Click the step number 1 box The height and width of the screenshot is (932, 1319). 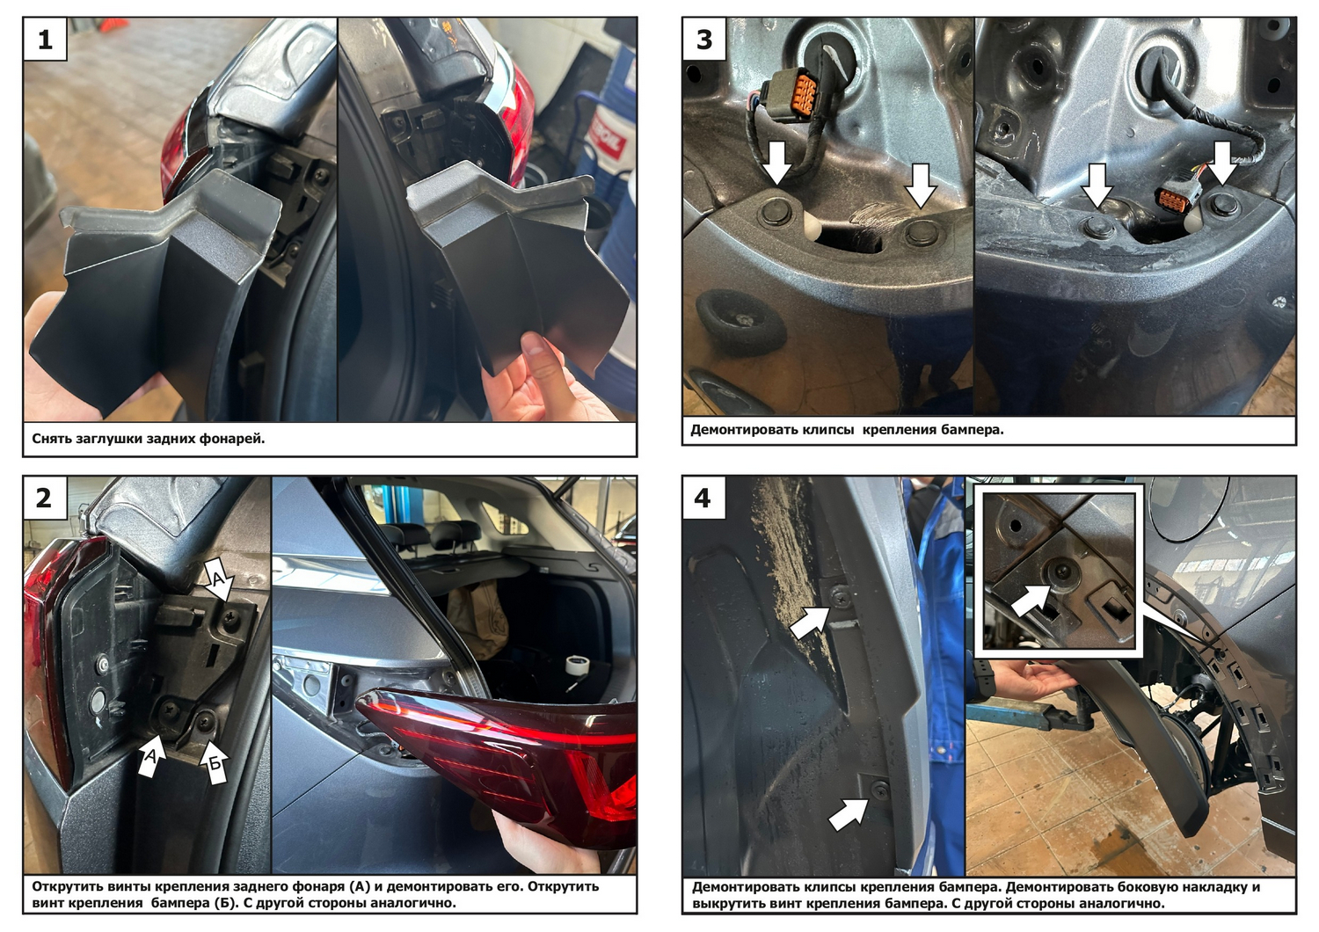(46, 40)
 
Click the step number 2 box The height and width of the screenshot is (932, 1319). (46, 499)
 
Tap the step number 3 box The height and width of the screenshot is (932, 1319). (704, 40)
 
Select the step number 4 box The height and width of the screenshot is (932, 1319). (704, 499)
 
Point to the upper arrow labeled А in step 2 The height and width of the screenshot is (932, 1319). (220, 579)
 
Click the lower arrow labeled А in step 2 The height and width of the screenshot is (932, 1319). (152, 753)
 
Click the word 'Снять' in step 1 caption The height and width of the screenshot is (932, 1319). (52, 439)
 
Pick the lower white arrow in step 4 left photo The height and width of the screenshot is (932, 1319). (849, 815)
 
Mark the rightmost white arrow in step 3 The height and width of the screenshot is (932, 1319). (1223, 163)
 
